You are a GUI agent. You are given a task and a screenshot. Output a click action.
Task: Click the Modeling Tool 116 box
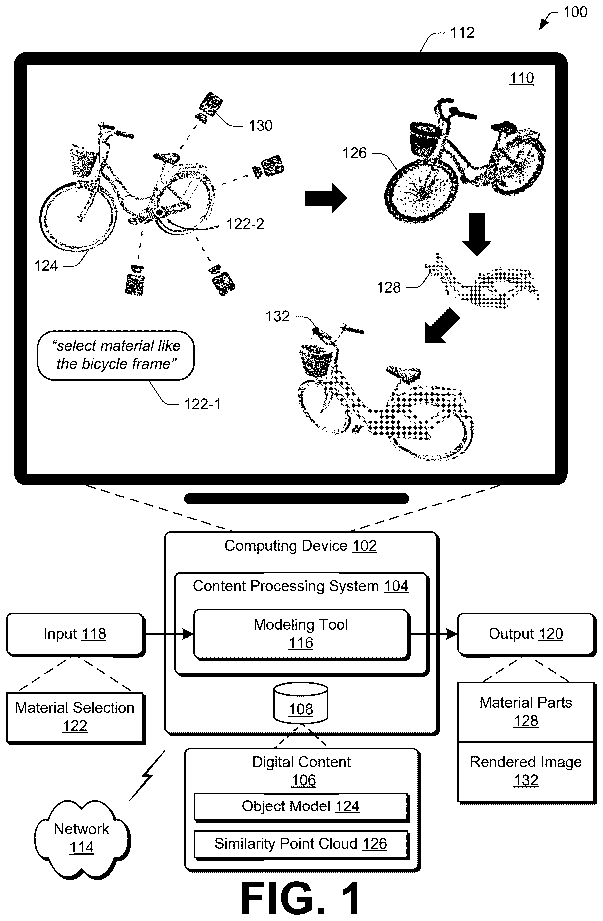pyautogui.click(x=301, y=634)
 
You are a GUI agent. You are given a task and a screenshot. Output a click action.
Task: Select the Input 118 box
pyautogui.click(x=75, y=634)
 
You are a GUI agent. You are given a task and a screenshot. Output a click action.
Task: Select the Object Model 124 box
pyautogui.click(x=301, y=806)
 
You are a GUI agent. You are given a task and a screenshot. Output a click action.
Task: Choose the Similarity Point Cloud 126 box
pyautogui.click(x=301, y=844)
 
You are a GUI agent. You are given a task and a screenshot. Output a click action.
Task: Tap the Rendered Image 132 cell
pyautogui.click(x=526, y=771)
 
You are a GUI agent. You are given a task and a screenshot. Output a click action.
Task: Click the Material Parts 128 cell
pyautogui.click(x=526, y=712)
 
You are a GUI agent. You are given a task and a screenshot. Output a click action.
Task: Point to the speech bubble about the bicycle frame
pyautogui.click(x=116, y=355)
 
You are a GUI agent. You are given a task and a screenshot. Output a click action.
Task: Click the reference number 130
pyautogui.click(x=261, y=126)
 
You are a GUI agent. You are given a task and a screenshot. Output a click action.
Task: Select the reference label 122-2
pyautogui.click(x=245, y=224)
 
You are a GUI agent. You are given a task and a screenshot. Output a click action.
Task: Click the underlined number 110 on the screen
pyautogui.click(x=522, y=78)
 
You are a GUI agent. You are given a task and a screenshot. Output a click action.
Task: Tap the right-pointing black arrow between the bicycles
pyautogui.click(x=326, y=198)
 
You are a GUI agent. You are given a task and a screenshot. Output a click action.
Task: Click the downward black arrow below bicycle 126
pyautogui.click(x=477, y=234)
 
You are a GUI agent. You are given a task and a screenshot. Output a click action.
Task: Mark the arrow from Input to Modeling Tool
pyautogui.click(x=170, y=634)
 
